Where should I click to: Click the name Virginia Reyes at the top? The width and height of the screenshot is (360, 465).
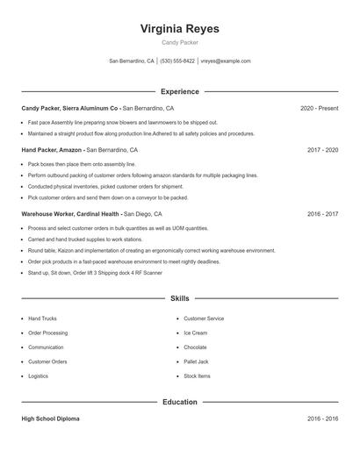click(180, 28)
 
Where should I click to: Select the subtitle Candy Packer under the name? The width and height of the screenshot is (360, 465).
click(180, 43)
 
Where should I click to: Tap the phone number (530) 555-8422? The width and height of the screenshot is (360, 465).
click(177, 61)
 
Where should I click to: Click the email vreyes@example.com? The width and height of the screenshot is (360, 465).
click(226, 61)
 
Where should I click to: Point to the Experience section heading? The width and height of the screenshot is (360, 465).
click(180, 91)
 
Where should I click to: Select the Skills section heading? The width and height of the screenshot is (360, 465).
click(180, 298)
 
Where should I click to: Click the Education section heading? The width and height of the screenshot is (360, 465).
click(180, 402)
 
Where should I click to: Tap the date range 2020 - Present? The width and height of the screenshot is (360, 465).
click(319, 108)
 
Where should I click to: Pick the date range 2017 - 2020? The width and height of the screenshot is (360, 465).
click(322, 150)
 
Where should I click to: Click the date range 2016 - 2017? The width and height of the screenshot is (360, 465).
click(322, 213)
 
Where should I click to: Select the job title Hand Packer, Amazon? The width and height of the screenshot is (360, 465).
click(52, 150)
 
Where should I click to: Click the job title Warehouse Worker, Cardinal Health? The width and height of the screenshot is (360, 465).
click(70, 213)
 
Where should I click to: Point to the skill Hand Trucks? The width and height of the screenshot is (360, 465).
click(42, 318)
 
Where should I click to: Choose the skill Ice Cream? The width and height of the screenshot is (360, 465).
click(195, 333)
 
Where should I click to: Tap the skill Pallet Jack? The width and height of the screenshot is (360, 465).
click(196, 361)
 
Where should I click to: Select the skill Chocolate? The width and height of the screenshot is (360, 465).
click(195, 347)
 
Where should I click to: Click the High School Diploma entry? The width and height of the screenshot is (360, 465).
click(50, 418)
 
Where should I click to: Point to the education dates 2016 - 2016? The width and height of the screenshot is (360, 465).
click(322, 418)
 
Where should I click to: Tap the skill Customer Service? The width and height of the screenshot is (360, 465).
click(204, 318)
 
